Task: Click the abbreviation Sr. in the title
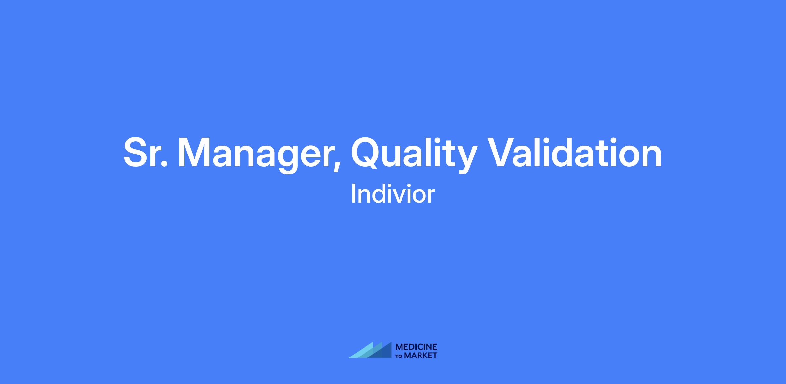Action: (x=146, y=153)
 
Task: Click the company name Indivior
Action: (x=393, y=194)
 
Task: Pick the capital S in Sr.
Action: (x=137, y=153)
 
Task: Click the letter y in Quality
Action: (x=464, y=160)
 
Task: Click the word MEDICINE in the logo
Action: (x=417, y=347)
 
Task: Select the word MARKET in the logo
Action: (x=421, y=355)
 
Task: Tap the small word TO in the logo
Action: (x=400, y=356)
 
